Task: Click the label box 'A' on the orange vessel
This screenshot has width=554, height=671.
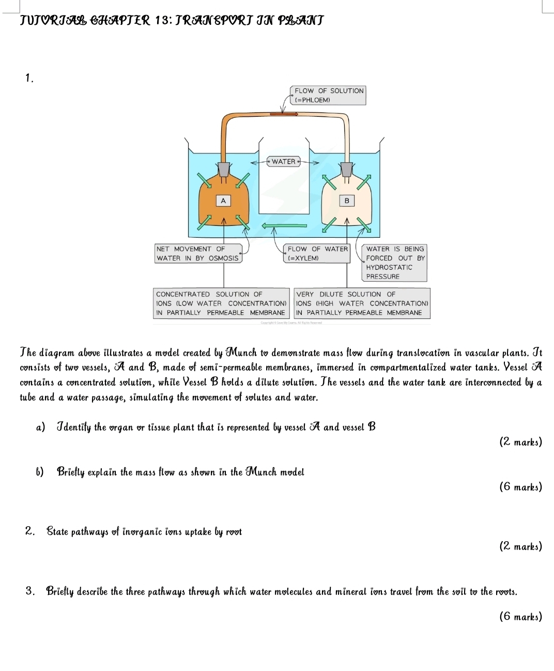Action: [223, 201]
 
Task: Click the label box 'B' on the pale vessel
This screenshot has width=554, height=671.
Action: [347, 201]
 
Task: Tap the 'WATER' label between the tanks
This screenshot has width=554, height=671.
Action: [284, 162]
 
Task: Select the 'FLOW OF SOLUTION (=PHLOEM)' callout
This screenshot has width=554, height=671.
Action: [329, 95]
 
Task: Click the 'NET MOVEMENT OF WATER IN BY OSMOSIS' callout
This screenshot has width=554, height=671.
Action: [198, 253]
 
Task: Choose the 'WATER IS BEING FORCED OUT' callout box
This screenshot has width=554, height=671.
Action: [395, 263]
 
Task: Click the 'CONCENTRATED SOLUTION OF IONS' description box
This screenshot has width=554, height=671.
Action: [221, 303]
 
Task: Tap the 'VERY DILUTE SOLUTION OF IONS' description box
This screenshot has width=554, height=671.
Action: [362, 303]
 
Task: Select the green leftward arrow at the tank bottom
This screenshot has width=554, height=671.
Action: [284, 225]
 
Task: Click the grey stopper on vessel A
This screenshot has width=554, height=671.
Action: [224, 169]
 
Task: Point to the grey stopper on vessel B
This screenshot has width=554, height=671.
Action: [347, 169]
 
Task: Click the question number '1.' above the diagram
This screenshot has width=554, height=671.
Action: [29, 79]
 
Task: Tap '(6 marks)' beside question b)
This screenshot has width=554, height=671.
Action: [520, 486]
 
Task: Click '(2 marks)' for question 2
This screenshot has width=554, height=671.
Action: [520, 546]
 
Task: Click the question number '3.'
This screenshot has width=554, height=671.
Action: [30, 591]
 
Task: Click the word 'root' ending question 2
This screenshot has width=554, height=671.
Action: [234, 531]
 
